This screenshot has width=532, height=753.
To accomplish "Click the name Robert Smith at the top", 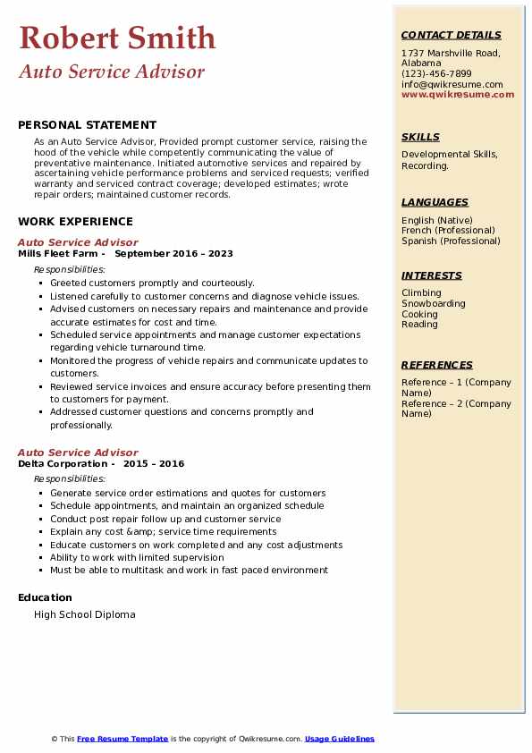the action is [117, 38].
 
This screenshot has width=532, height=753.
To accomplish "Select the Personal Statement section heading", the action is [87, 125].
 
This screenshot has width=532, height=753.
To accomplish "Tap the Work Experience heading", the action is [75, 222].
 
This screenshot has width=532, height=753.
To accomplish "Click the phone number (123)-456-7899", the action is [436, 74].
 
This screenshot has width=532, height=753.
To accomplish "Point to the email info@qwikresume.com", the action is [452, 84].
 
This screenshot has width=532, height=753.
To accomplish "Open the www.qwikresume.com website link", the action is [458, 94].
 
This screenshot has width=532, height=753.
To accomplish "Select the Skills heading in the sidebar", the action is [420, 137].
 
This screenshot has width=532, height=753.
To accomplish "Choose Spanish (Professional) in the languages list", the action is [451, 241].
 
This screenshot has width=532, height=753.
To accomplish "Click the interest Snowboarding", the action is [434, 304].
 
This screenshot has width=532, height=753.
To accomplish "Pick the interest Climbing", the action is [421, 293].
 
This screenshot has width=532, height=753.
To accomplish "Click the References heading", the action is [437, 365].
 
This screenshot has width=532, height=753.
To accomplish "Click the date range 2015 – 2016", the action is [155, 464].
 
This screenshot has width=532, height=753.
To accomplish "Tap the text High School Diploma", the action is [85, 614].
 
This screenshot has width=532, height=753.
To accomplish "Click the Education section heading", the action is [45, 597].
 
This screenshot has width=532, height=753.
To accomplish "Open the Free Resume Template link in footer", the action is [122, 739].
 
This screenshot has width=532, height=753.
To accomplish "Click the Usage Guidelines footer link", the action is [340, 739].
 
